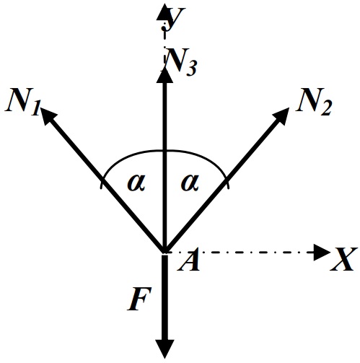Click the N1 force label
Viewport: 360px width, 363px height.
coord(22,101)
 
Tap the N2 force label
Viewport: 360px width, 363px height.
coord(314,102)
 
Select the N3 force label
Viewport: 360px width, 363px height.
coord(181,62)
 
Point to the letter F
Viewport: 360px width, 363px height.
coord(139,298)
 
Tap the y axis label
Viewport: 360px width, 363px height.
coord(175,17)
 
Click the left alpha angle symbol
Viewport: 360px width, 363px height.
coord(136,183)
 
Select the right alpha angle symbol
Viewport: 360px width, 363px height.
coord(190,183)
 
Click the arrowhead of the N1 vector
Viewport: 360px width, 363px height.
coord(48,115)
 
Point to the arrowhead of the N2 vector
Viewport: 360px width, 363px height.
coord(281,116)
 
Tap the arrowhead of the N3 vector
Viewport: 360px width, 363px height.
coord(164,74)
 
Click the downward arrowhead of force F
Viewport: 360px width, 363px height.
coord(164,349)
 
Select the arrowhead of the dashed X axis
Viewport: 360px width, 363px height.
coord(322,253)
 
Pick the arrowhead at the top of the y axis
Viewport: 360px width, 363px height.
coord(162,12)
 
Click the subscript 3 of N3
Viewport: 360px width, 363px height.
coord(191,69)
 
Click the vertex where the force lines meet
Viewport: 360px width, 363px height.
coord(164,252)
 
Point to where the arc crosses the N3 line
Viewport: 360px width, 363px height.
coord(164,151)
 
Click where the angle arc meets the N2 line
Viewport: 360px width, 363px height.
coord(226,180)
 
